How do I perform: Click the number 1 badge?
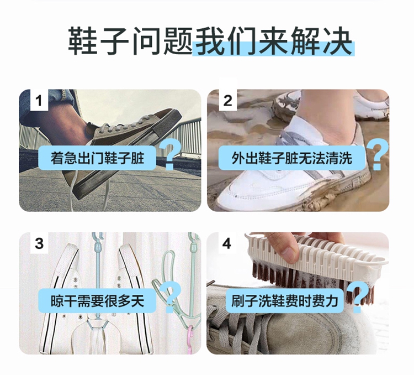[x=39, y=100]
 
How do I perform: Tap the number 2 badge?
[x=227, y=100]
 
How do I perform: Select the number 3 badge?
[x=39, y=243]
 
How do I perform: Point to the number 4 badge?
[x=227, y=243]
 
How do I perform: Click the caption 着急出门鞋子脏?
[x=97, y=158]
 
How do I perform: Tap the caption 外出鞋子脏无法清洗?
[x=292, y=158]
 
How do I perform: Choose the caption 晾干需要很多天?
[x=97, y=301]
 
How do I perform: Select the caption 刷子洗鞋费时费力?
[x=285, y=301]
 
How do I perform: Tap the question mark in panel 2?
[x=379, y=155]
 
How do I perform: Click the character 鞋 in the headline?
[x=82, y=40]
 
